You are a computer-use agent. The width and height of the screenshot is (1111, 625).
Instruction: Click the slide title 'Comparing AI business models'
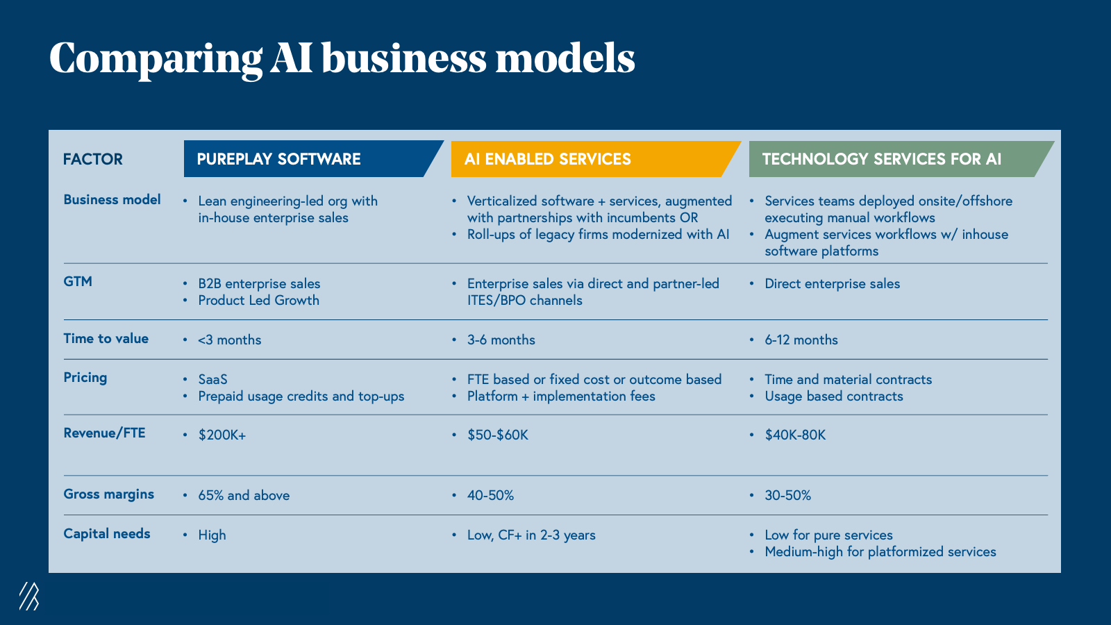tap(342, 58)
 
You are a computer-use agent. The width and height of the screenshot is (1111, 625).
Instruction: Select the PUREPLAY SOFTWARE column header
tap(279, 159)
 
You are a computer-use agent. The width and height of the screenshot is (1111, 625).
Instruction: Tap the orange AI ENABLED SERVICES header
tap(548, 159)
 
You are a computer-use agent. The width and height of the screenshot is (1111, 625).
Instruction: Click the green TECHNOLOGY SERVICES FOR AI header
tap(882, 159)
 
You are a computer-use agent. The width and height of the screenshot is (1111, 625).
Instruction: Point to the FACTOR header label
tap(92, 159)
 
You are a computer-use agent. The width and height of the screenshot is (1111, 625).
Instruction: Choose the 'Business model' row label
tap(112, 200)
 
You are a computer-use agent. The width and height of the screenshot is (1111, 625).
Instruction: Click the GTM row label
tap(78, 281)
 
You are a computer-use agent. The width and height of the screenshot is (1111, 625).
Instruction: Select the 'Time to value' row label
tap(106, 338)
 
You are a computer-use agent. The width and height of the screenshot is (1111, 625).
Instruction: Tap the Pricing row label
tap(85, 378)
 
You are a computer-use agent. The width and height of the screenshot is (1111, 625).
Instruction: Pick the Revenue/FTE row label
tap(104, 433)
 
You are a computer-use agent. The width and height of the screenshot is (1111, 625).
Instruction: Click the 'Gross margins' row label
tap(108, 494)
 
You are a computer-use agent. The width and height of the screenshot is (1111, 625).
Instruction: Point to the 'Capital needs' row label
tap(107, 534)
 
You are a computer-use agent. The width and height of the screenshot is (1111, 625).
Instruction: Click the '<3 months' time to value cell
tap(229, 340)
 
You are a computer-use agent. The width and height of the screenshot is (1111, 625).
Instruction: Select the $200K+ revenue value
tap(222, 435)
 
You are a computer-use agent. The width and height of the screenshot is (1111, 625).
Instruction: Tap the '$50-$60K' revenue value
tap(498, 435)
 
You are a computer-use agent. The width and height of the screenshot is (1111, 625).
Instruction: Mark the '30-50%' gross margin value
tap(788, 496)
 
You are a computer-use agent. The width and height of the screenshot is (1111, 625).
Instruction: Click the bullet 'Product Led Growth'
tap(258, 301)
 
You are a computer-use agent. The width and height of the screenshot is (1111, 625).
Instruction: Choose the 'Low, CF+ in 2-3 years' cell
tap(531, 535)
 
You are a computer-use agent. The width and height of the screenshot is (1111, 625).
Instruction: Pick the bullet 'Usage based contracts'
tap(834, 397)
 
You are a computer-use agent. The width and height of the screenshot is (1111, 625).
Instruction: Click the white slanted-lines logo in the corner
tap(28, 596)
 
